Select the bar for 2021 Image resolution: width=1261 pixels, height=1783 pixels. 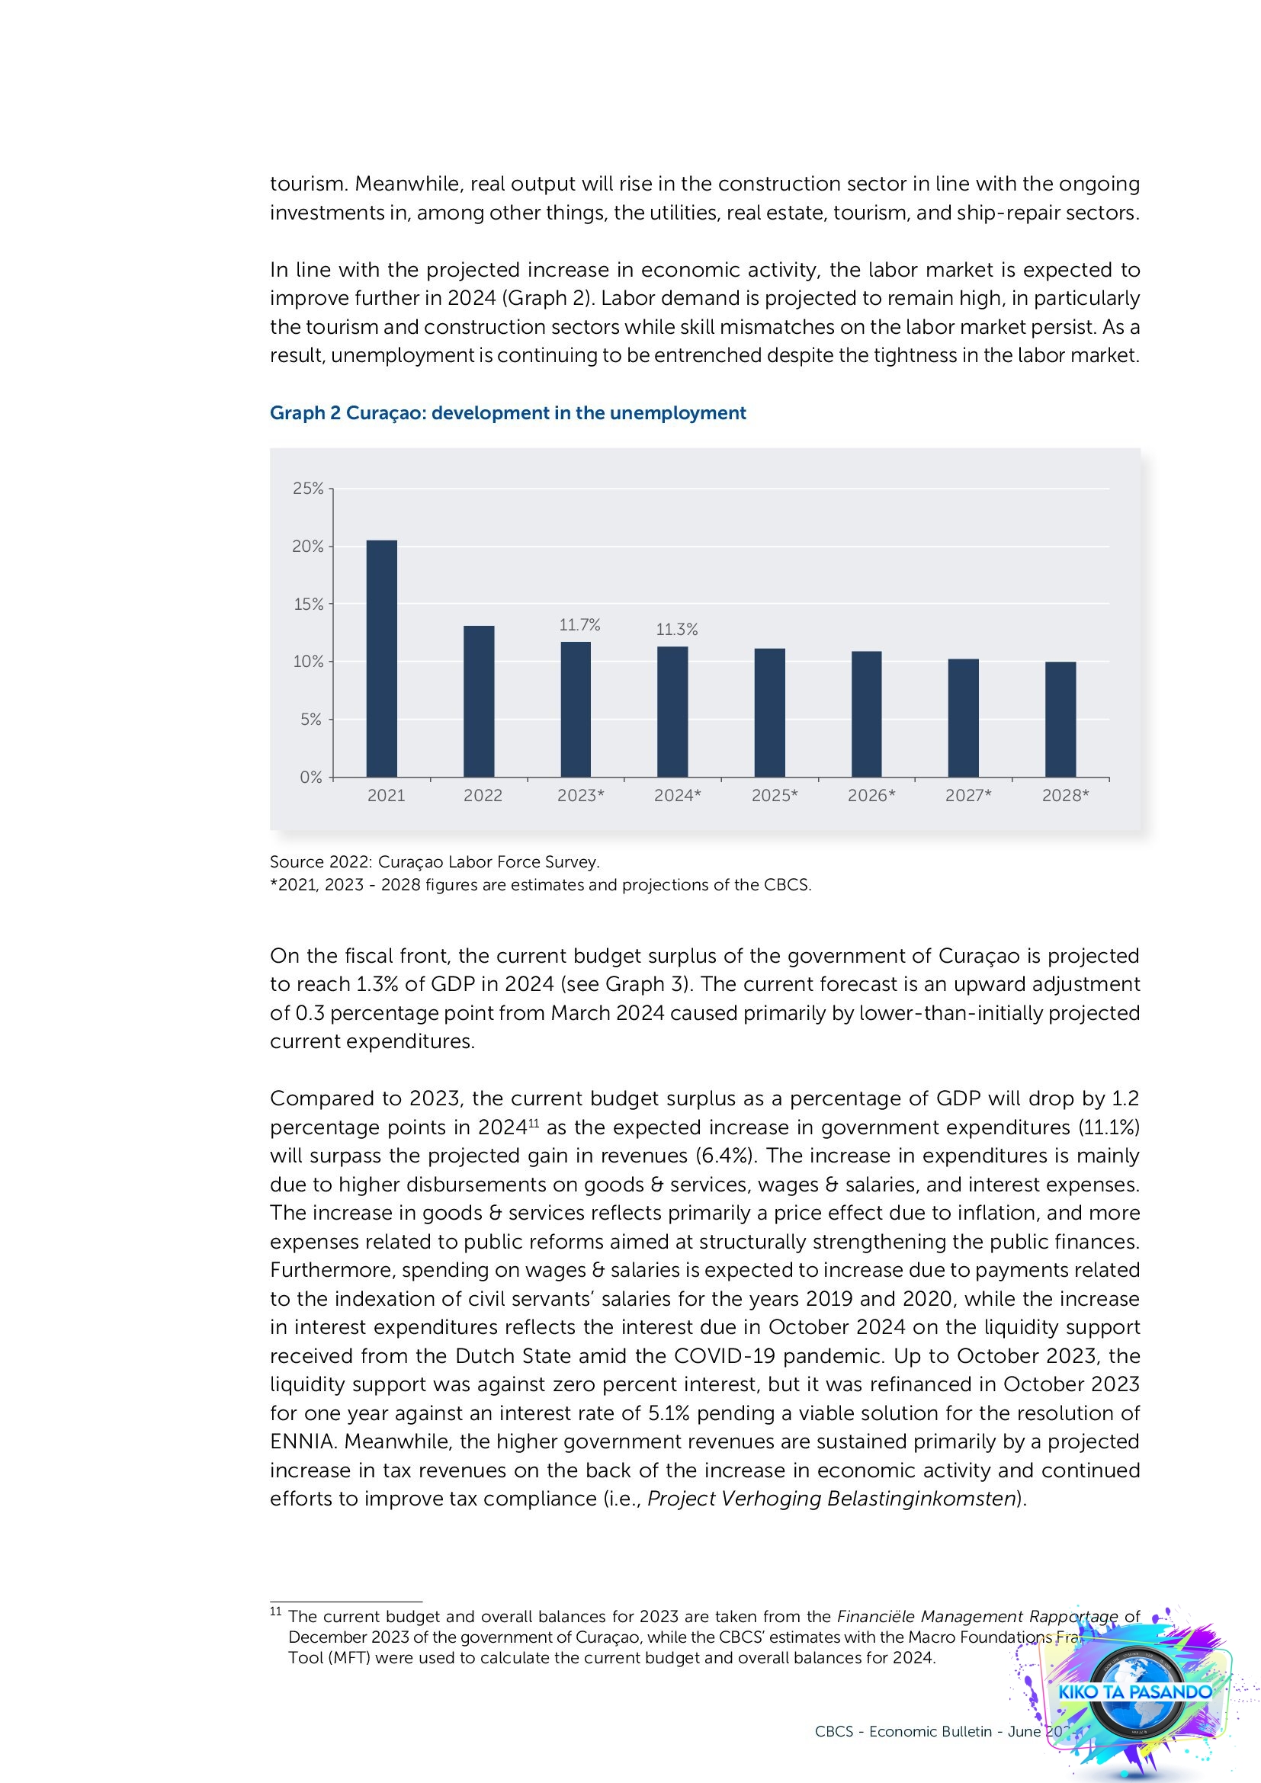click(x=381, y=659)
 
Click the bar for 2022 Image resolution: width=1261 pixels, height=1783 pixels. click(x=478, y=701)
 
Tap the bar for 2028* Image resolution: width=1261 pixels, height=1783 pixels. click(x=1060, y=719)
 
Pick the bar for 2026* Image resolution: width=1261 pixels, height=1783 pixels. click(x=867, y=714)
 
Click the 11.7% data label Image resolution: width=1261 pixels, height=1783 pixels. click(x=579, y=625)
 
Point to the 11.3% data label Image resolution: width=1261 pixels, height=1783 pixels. click(x=676, y=630)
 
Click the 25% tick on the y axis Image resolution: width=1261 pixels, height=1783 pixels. click(x=307, y=489)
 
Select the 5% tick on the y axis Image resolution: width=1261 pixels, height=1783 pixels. click(x=310, y=719)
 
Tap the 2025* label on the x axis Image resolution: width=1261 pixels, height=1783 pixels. click(x=774, y=795)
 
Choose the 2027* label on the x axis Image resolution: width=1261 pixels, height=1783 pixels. click(x=967, y=795)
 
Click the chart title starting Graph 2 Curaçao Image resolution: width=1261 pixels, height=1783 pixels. click(x=507, y=413)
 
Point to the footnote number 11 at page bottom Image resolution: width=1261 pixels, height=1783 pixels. click(x=275, y=1612)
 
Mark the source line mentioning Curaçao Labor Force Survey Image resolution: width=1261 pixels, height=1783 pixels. click(x=434, y=862)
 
